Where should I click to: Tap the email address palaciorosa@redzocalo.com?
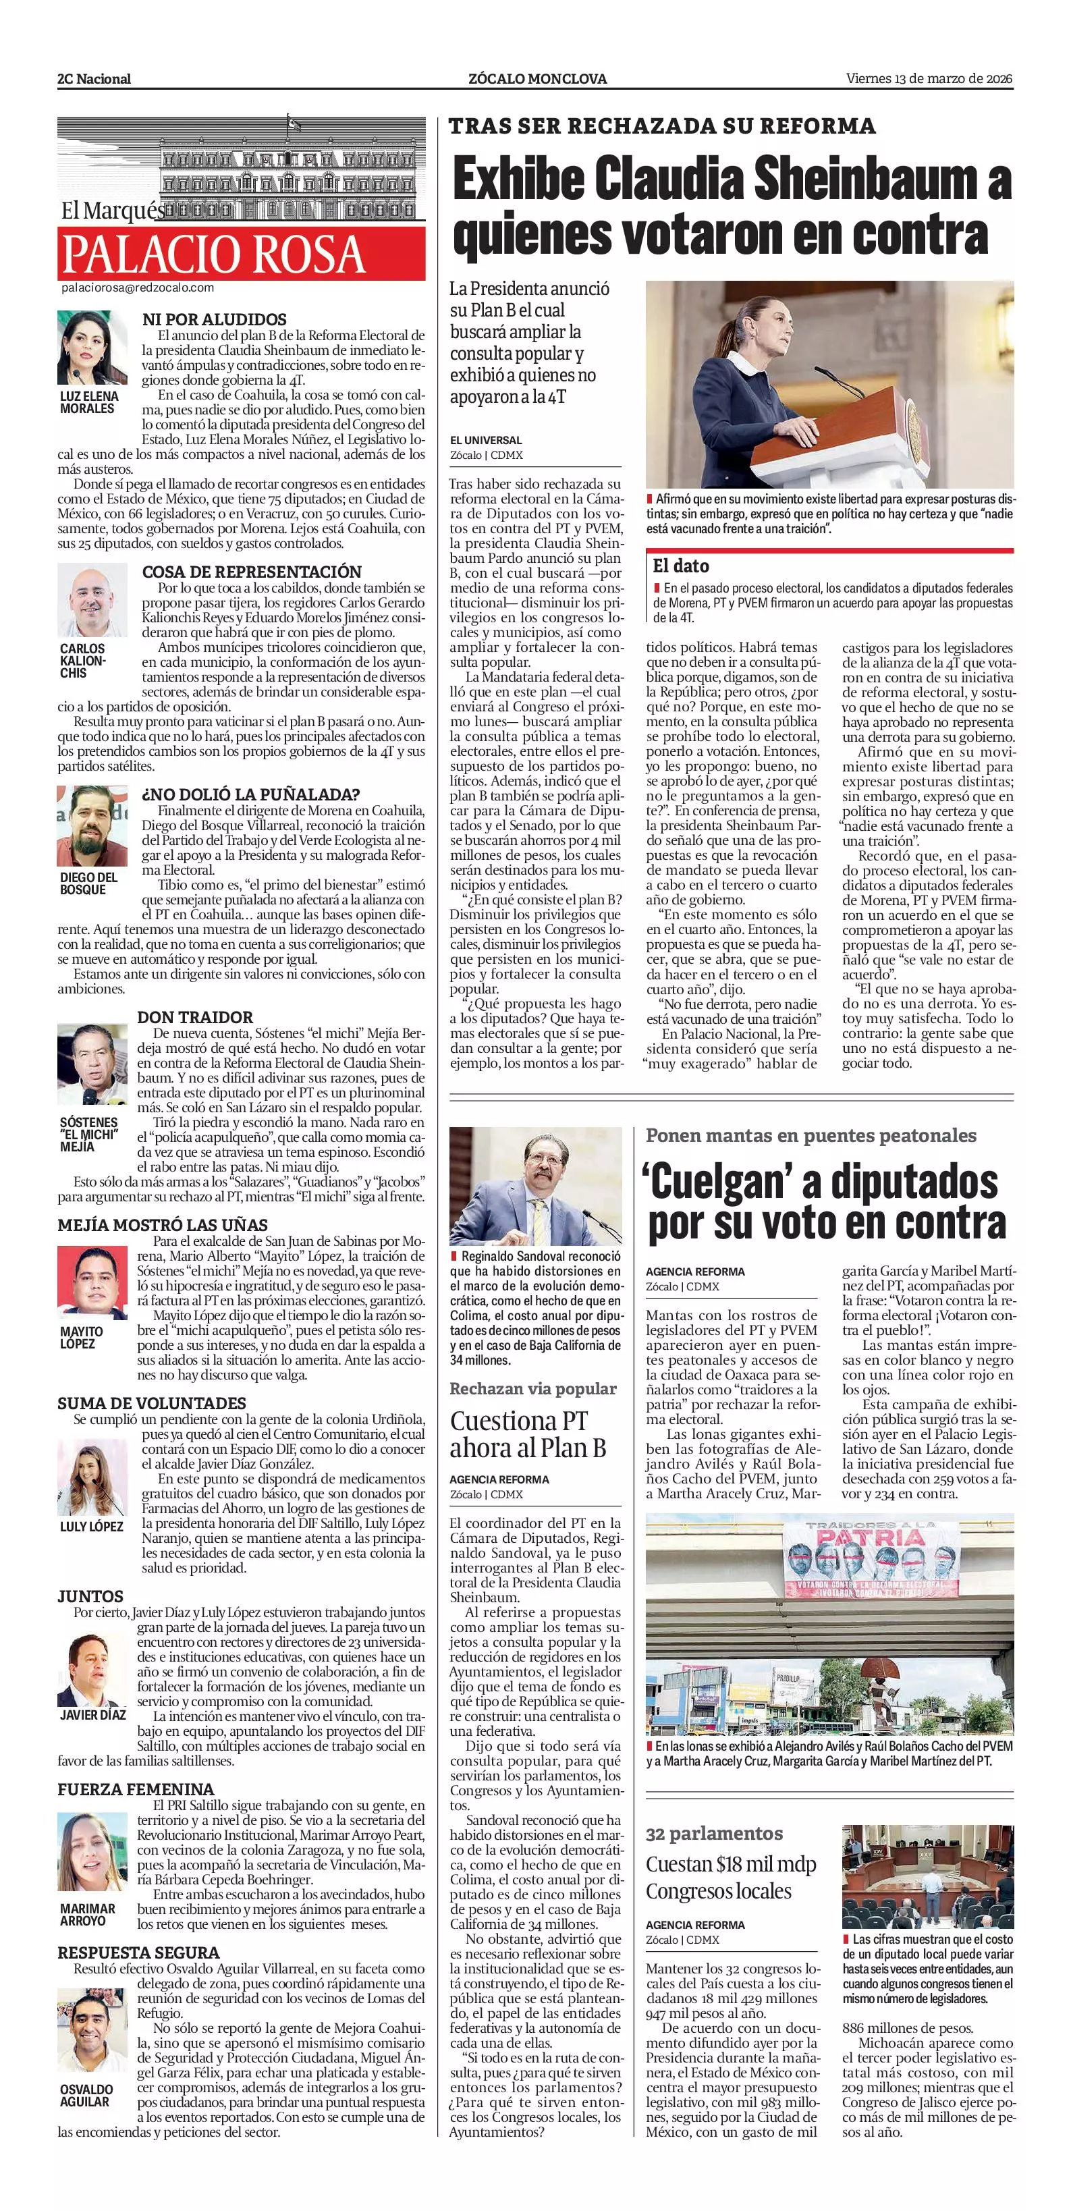[137, 288]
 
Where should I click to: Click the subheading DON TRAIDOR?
[195, 1017]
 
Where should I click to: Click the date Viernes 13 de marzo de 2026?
[929, 79]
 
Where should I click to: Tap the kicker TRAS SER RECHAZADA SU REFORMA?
[661, 127]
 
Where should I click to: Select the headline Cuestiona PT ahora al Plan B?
[528, 1434]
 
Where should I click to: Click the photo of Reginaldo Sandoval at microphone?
[536, 1180]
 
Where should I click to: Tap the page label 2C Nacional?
[94, 79]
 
